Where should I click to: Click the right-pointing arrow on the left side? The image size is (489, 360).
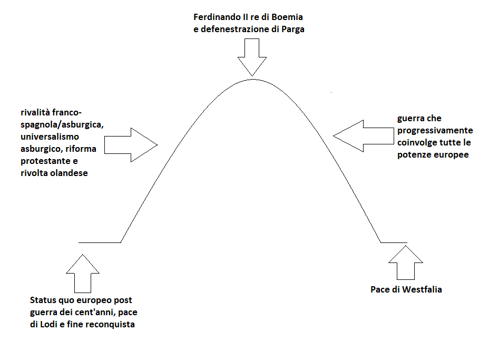click(131, 144)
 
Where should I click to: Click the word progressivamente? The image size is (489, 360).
click(435, 131)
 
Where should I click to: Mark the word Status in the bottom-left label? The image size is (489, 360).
click(43, 300)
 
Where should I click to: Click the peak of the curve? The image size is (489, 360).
click(252, 79)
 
